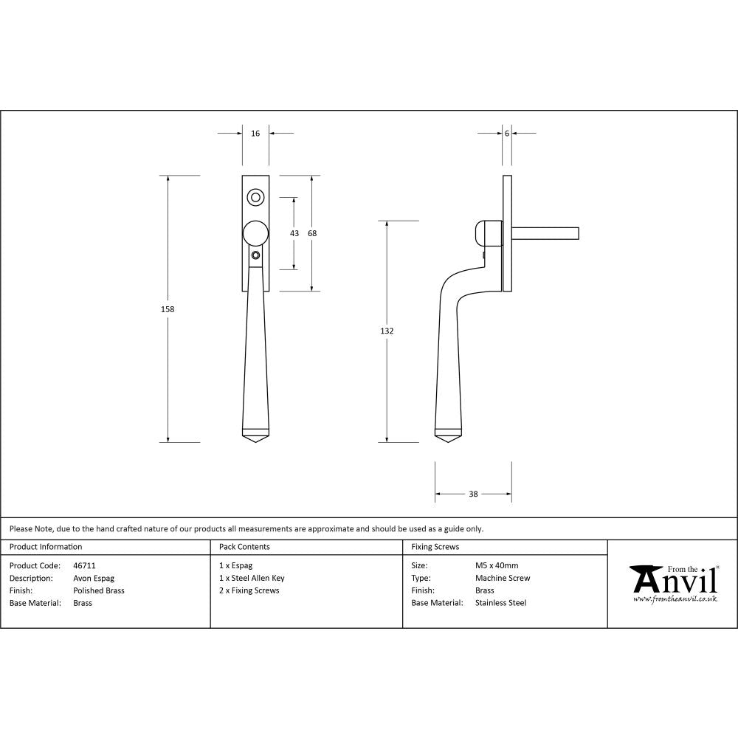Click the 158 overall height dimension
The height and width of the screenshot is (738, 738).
[168, 309]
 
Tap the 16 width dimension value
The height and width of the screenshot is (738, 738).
[255, 134]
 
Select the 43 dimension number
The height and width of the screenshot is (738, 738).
[294, 233]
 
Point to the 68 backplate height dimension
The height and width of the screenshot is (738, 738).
[312, 233]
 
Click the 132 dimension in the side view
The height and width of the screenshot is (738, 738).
[387, 331]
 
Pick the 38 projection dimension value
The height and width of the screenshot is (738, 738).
[473, 494]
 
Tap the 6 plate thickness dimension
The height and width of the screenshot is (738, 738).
[507, 134]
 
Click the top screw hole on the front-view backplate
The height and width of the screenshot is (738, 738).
[255, 197]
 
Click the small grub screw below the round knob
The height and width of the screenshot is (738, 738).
[255, 255]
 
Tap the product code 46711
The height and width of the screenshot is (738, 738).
[85, 566]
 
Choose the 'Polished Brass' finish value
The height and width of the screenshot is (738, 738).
[99, 590]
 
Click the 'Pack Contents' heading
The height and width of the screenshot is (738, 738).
[244, 547]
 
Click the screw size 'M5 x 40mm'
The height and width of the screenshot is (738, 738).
[497, 566]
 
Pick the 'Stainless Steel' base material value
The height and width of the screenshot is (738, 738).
[501, 603]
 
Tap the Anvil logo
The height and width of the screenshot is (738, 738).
[673, 582]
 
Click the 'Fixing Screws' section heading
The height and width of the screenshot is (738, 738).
[435, 547]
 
